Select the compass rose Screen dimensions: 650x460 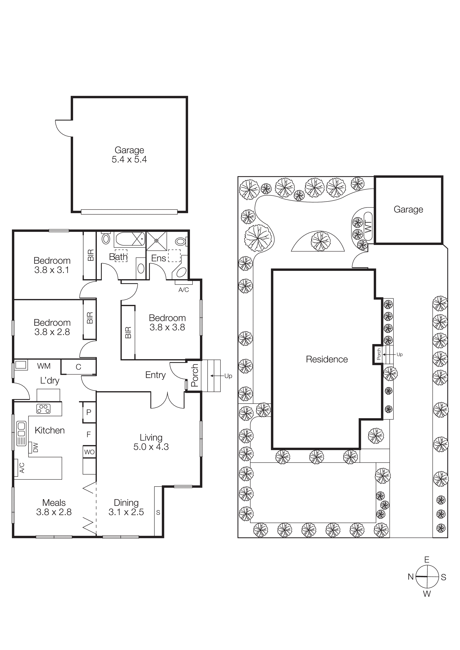click(427, 576)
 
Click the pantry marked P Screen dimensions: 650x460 click(89, 412)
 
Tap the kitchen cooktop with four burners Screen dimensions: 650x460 click(43, 409)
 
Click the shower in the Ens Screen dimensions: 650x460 click(156, 241)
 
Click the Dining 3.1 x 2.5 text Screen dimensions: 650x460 click(126, 507)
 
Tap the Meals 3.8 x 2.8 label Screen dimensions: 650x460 click(54, 507)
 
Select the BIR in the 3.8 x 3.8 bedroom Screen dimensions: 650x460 click(128, 332)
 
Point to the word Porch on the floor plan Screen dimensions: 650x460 click(194, 375)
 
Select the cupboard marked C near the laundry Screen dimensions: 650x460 click(78, 367)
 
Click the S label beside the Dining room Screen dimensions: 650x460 click(158, 512)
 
